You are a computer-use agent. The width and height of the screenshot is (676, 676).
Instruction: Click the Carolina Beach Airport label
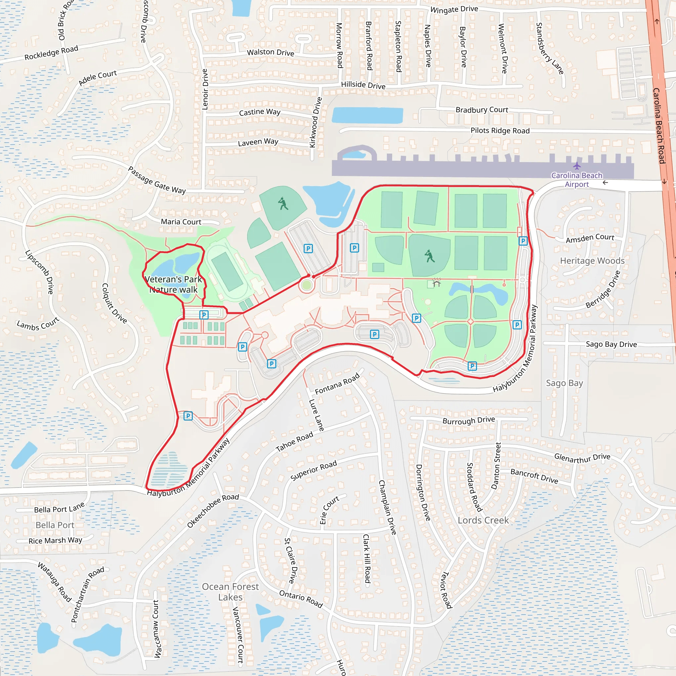(x=577, y=180)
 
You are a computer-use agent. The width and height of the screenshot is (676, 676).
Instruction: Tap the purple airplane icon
(x=577, y=165)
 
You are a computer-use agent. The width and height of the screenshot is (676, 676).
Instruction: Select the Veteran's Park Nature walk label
(x=173, y=285)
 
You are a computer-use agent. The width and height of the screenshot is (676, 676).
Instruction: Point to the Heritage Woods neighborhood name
(x=592, y=261)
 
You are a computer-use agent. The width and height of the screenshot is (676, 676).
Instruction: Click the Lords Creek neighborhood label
(x=483, y=520)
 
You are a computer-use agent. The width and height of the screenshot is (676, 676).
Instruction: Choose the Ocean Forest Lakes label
(x=230, y=592)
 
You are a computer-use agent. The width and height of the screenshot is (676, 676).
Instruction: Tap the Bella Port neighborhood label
(x=55, y=525)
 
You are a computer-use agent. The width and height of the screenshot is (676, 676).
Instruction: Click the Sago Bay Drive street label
(x=611, y=344)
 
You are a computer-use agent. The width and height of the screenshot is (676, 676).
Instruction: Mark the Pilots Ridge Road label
(x=500, y=130)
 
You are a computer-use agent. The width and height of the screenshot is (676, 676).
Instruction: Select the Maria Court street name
(x=181, y=222)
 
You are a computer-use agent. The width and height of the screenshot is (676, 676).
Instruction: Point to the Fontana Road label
(x=337, y=384)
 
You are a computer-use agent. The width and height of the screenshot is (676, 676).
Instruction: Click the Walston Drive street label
(x=270, y=52)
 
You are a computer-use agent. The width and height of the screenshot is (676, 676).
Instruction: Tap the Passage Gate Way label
(x=157, y=180)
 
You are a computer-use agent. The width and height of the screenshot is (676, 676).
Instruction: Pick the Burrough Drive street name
(x=468, y=420)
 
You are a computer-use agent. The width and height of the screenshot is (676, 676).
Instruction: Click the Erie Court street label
(x=329, y=509)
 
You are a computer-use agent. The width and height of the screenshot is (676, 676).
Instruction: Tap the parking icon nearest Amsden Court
(x=523, y=241)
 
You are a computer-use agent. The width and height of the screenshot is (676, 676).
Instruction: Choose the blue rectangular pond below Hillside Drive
(x=367, y=116)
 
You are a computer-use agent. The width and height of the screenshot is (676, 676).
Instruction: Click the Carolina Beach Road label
(x=659, y=126)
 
